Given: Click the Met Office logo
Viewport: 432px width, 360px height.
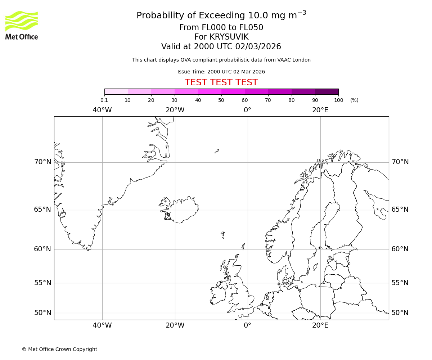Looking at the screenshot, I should pos(22,25).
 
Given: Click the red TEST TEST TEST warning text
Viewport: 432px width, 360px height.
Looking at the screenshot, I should pos(221,83).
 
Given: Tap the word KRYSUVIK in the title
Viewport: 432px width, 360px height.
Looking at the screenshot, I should pos(221,37).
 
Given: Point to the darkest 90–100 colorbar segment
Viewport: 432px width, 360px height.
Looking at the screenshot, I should pos(327,91).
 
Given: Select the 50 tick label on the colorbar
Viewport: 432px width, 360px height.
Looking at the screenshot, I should pos(221,100).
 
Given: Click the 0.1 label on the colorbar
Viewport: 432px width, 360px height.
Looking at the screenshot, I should pos(104,100).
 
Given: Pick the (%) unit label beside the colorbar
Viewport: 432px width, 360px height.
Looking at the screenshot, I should pos(354,100).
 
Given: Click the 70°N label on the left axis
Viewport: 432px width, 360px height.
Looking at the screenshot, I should pos(43,162).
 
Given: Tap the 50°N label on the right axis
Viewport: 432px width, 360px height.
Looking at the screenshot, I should pos(400,313).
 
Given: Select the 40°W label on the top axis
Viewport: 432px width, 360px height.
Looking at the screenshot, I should pos(102,110).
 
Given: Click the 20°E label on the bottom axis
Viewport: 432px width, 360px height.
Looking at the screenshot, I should pos(320,325).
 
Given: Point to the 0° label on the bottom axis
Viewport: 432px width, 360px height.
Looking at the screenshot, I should pos(247,325).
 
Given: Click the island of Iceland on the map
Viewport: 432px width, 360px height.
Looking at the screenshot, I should pos(182,209).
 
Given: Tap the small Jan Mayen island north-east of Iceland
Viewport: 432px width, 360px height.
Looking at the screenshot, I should pos(217,151).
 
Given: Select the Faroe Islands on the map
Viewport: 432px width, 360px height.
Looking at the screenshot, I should pos(223,235).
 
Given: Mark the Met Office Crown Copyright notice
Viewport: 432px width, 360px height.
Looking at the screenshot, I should pos(59,349).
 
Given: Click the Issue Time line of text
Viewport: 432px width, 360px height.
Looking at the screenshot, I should pos(221,72).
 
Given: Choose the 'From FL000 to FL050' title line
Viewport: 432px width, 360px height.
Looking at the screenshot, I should pos(221,28).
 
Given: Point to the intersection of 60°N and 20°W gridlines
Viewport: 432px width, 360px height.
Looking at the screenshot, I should pos(175,249).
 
